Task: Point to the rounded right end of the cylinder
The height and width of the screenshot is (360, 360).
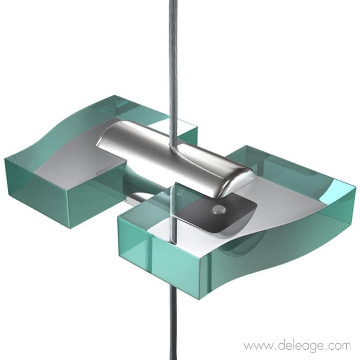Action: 239,181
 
